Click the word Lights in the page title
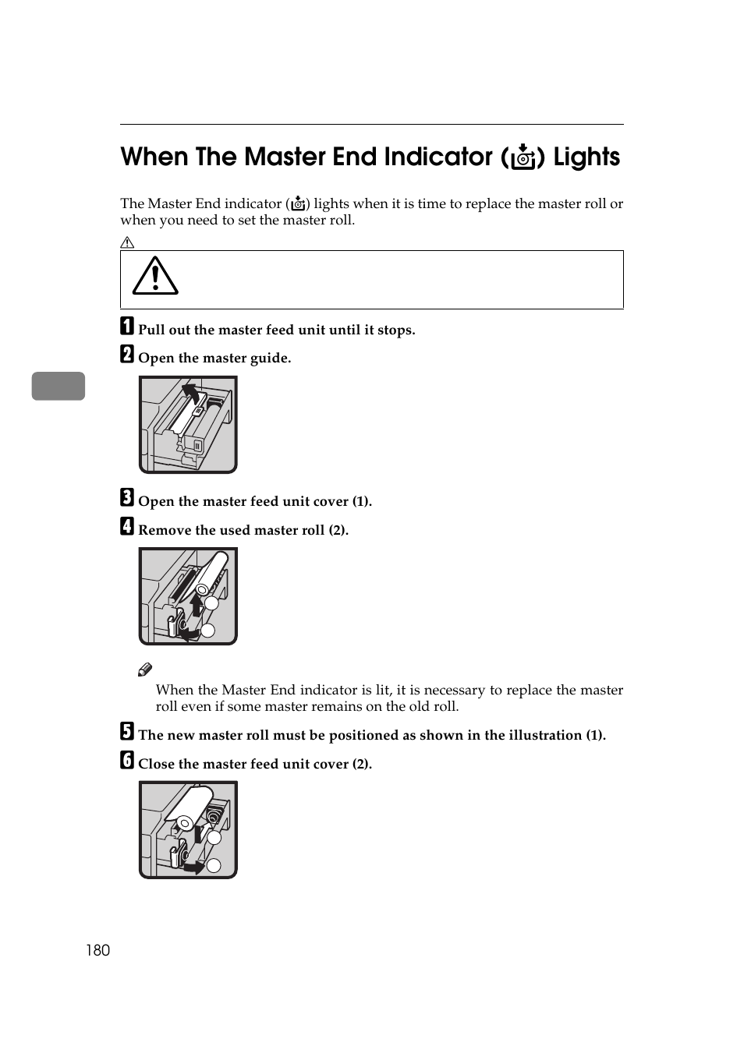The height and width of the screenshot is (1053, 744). (586, 157)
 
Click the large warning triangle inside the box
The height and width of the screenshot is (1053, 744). (155, 277)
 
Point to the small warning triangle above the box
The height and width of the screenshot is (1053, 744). (127, 242)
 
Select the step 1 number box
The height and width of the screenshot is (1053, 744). (127, 326)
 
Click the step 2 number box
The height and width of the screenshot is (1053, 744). (127, 355)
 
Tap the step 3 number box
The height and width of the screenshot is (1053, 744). (127, 497)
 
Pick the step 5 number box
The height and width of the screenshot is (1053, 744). (127, 731)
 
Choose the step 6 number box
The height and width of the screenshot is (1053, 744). (127, 760)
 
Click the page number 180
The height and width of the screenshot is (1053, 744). (98, 950)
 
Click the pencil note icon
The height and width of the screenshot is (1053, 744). (145, 670)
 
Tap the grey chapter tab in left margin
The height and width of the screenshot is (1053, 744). (58, 387)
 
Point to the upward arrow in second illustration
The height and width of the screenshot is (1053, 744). (196, 604)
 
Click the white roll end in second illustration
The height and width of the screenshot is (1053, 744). (201, 590)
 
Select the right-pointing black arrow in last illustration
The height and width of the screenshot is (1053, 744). (195, 867)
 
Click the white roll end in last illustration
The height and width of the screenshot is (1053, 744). (185, 823)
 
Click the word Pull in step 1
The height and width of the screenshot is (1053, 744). (151, 330)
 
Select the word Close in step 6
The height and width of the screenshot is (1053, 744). (156, 765)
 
